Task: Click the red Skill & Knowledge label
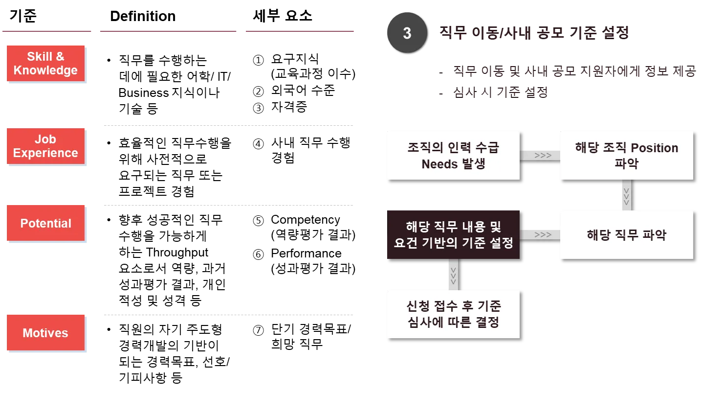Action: tap(45, 63)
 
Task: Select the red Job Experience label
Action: tap(45, 146)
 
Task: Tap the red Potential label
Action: tap(45, 224)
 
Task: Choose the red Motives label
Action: tap(45, 333)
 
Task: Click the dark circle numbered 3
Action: tap(407, 33)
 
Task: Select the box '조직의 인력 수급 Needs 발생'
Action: tap(453, 155)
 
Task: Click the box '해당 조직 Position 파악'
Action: tap(626, 155)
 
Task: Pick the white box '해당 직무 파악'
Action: tap(626, 235)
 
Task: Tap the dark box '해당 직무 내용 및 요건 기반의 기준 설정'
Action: tap(453, 235)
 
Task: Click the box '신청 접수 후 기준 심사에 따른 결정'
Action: tap(453, 314)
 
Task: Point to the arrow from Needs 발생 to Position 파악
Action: tap(540, 155)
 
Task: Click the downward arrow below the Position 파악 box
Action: tap(626, 195)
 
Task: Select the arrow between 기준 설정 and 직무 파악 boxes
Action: tap(540, 235)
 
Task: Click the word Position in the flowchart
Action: tap(655, 148)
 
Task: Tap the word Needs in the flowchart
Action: tap(438, 164)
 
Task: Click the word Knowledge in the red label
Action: tap(45, 70)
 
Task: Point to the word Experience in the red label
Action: tap(45, 153)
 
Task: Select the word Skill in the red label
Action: tap(40, 56)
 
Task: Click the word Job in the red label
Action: tap(45, 139)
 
